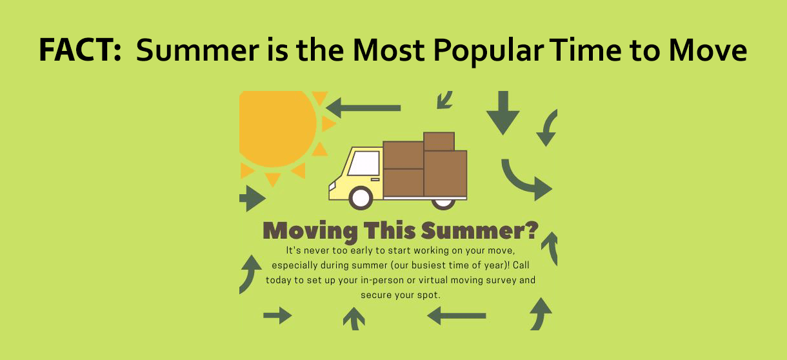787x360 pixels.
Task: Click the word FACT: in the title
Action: [x=81, y=49]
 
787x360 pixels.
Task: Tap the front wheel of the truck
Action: [x=361, y=197]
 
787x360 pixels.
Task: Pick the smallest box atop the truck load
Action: [x=439, y=141]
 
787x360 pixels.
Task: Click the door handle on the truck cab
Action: [x=375, y=179]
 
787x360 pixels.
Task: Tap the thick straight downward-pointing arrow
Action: [x=503, y=112]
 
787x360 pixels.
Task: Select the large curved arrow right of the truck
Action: [x=526, y=180]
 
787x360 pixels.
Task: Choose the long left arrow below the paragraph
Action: [x=456, y=315]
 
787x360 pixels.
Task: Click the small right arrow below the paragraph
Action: [x=277, y=315]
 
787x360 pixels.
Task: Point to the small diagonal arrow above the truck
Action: [x=444, y=99]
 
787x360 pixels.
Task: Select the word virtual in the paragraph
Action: [x=437, y=281]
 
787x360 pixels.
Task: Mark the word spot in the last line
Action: [x=427, y=295]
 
